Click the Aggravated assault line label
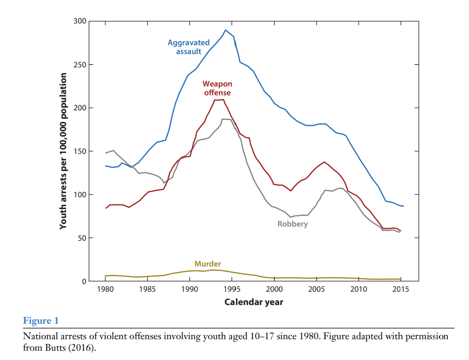click(x=188, y=47)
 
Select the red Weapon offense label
click(x=217, y=88)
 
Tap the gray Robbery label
click(x=293, y=224)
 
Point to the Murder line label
click(x=207, y=264)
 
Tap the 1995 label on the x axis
click(x=232, y=290)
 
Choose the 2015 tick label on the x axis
click(x=401, y=290)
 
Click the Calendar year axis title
click(x=254, y=302)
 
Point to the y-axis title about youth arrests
click(x=63, y=151)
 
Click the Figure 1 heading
click(x=40, y=321)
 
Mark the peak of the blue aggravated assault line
click(x=225, y=30)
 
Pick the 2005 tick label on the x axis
click(x=316, y=290)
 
